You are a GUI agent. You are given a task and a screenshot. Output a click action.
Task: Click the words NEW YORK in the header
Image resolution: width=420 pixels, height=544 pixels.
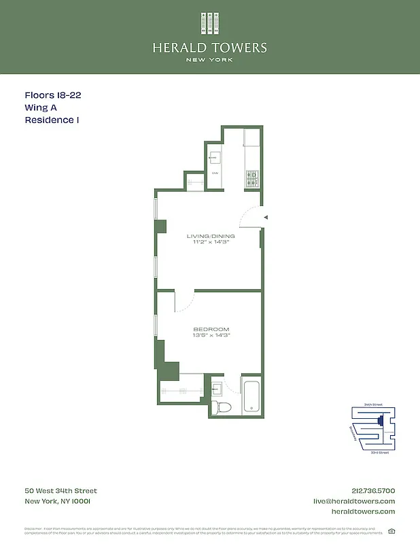click(210, 60)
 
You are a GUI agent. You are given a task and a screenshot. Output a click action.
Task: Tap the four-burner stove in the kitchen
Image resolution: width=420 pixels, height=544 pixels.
click(251, 178)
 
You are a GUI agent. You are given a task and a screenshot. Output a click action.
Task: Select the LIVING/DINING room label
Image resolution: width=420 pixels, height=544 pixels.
click(211, 236)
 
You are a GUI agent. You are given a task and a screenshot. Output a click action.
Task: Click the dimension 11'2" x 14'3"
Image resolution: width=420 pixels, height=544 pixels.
click(211, 243)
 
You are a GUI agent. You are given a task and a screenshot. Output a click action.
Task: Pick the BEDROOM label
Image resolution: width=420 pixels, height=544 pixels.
click(211, 329)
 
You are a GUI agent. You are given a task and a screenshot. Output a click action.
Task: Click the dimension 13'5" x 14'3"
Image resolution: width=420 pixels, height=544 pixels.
click(211, 336)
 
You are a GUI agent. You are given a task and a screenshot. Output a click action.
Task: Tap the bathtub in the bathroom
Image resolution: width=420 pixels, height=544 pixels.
click(251, 398)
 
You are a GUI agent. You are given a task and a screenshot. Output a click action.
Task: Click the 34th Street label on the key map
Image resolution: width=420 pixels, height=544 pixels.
click(373, 405)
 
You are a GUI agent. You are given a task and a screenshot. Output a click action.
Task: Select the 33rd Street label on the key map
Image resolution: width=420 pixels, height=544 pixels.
click(379, 452)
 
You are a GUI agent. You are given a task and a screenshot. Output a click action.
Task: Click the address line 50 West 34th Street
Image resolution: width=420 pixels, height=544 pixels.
click(61, 491)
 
